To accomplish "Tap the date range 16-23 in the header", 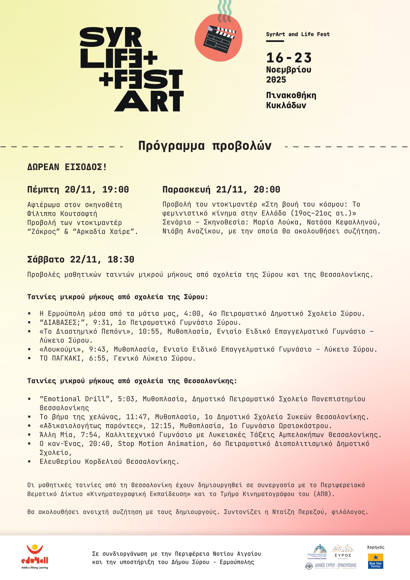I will [x=289, y=58].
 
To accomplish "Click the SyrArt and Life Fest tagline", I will [x=298, y=34].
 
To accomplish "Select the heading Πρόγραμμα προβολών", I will [x=205, y=146].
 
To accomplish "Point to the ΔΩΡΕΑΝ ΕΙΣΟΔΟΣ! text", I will [x=67, y=167].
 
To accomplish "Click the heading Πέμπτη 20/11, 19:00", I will [x=78, y=189].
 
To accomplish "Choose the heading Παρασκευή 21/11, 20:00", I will [x=221, y=189].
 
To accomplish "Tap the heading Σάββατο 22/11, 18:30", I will [x=80, y=259].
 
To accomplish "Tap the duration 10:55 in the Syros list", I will [x=149, y=331].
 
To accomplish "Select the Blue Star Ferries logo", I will [x=375, y=561].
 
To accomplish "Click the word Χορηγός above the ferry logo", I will [x=375, y=547].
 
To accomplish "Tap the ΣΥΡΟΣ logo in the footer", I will [x=343, y=551].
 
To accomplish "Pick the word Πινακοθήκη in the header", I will [x=291, y=95].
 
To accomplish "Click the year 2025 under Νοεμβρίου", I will [x=276, y=80].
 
